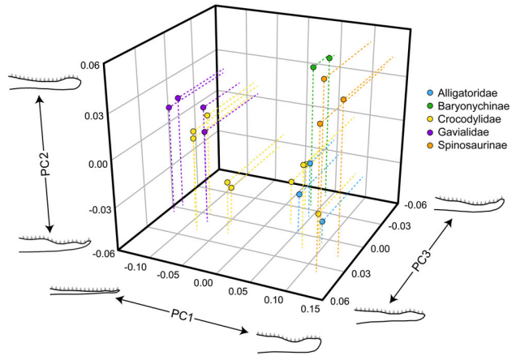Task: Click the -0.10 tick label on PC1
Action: tap(134, 266)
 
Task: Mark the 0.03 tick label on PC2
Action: tap(95, 114)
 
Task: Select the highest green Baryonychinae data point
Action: tap(329, 58)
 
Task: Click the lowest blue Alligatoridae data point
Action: tap(322, 221)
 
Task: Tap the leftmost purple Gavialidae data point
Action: tap(169, 107)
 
